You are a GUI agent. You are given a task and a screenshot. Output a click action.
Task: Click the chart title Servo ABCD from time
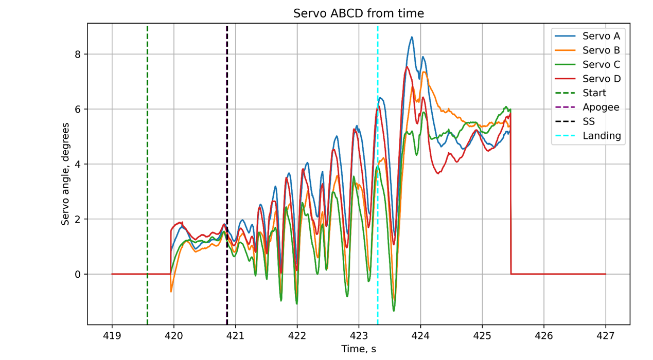pyautogui.click(x=359, y=13)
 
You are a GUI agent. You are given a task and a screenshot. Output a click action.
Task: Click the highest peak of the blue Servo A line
pyautogui.click(x=412, y=37)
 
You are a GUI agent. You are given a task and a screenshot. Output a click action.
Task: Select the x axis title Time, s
pyautogui.click(x=359, y=349)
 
